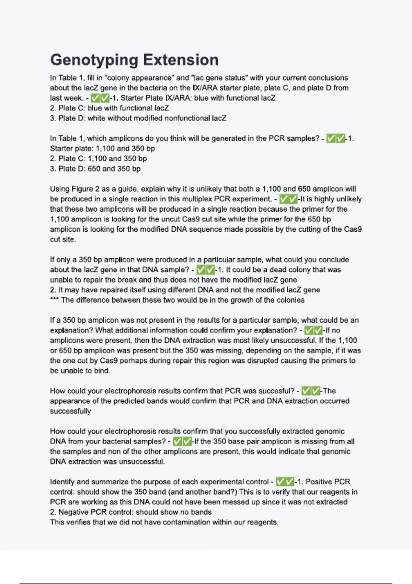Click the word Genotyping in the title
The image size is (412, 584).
[x=94, y=60]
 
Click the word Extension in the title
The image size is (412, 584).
[x=181, y=60]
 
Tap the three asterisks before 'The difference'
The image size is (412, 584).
[x=54, y=300]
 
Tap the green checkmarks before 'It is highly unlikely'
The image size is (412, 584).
[x=288, y=199]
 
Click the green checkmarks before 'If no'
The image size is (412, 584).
[x=313, y=330]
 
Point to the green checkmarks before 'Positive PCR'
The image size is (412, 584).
[x=285, y=482]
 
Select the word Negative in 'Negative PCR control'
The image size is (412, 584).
[x=74, y=512]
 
